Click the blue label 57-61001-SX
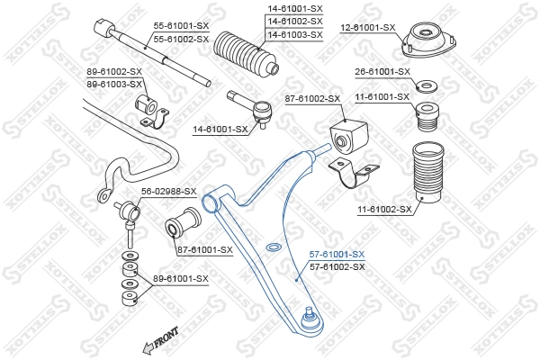(337, 255)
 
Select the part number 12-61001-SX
(367, 27)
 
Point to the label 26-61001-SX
(382, 71)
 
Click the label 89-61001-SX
(180, 279)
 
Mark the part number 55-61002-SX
(180, 39)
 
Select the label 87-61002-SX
(312, 98)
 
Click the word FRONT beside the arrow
(166, 337)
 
